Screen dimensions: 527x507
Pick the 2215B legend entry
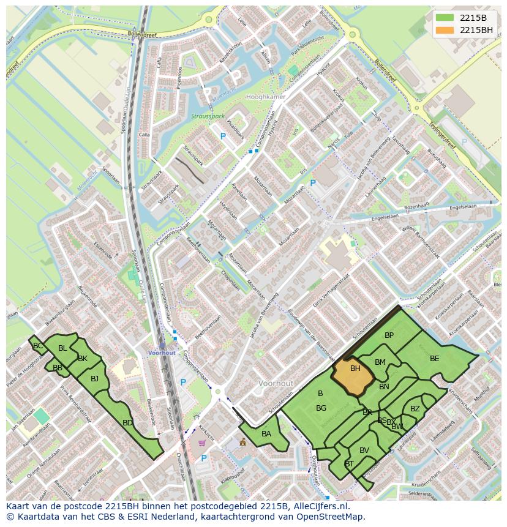(472, 17)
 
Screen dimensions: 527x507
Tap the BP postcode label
(389, 335)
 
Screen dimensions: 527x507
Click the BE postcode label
(434, 359)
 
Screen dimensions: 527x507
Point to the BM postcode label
(380, 362)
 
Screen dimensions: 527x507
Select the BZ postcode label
(415, 409)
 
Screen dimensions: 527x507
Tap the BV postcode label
(364, 450)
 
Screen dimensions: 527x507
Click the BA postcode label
(266, 434)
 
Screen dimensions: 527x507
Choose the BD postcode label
(127, 423)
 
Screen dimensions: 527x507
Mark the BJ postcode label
(94, 379)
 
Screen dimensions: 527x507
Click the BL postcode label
(62, 348)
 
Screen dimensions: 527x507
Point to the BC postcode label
(38, 346)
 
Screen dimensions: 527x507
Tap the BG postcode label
(321, 408)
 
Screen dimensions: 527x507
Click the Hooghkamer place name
(265, 97)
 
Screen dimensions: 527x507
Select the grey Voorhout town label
(276, 383)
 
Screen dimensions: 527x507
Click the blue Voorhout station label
(162, 353)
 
